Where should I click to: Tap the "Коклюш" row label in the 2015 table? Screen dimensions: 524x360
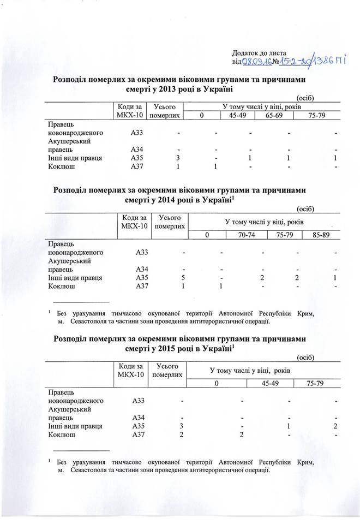(62, 434)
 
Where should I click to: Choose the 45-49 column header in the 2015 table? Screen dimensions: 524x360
(271, 384)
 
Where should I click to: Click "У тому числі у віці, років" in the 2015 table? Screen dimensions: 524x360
(252, 371)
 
